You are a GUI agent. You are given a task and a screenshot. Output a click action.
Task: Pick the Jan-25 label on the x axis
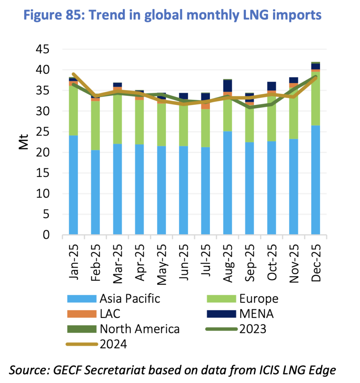(73, 260)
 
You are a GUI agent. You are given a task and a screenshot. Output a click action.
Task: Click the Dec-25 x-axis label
(315, 260)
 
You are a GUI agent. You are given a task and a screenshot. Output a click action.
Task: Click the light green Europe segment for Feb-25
(95, 125)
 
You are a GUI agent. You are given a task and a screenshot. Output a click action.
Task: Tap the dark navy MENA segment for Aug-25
(228, 86)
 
